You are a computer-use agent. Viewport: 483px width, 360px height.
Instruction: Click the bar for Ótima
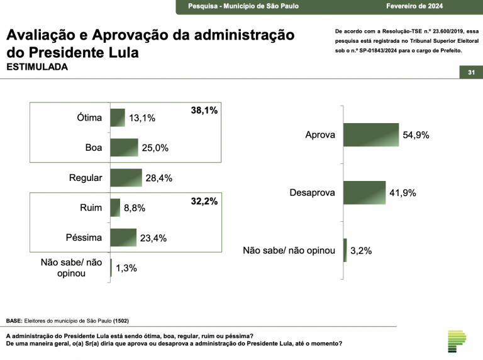click(118, 117)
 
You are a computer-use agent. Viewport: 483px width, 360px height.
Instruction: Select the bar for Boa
click(124, 148)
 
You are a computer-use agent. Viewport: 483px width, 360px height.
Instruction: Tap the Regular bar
click(126, 178)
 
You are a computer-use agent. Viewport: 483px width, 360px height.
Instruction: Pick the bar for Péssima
click(123, 237)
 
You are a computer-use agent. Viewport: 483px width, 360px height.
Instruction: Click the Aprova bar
click(371, 135)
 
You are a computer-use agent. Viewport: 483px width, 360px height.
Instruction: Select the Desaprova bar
click(364, 193)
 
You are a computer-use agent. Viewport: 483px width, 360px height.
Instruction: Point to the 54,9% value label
click(416, 135)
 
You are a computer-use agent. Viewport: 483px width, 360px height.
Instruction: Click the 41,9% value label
click(402, 193)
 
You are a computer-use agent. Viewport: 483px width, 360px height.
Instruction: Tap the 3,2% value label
click(361, 250)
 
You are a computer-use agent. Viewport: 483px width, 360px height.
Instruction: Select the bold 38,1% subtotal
click(204, 111)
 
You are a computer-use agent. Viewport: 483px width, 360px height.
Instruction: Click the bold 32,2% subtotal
click(204, 202)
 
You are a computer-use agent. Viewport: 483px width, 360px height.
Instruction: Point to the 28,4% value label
click(158, 178)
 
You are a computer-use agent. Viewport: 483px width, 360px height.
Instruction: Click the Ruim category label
click(91, 207)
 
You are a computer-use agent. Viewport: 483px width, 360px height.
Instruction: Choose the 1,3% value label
click(126, 268)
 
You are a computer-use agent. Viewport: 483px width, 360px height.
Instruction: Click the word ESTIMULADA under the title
click(37, 67)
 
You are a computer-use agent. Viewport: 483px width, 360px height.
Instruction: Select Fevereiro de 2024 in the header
click(414, 6)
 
